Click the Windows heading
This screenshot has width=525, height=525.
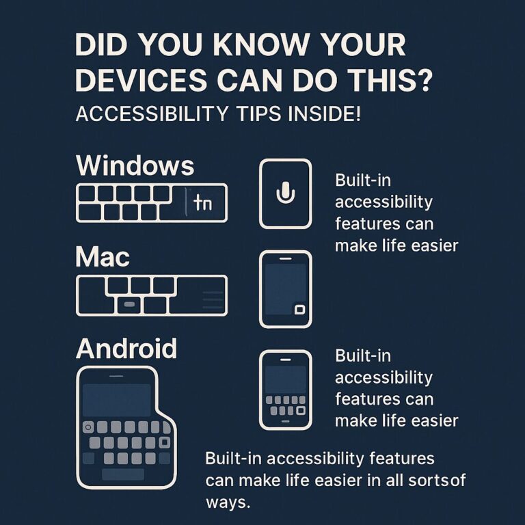135,166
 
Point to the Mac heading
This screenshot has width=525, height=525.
103,258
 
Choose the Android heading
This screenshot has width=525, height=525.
126,349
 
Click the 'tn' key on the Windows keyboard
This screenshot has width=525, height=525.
203,202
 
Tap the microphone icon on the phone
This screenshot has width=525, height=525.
285,193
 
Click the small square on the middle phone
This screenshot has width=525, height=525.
299,310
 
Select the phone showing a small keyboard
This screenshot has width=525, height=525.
285,390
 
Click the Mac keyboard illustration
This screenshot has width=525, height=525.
151,295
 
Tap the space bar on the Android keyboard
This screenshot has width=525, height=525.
122,474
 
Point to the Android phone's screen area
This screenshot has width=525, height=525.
117,399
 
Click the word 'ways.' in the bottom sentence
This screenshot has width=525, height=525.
228,502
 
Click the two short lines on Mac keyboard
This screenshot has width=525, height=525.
213,295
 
